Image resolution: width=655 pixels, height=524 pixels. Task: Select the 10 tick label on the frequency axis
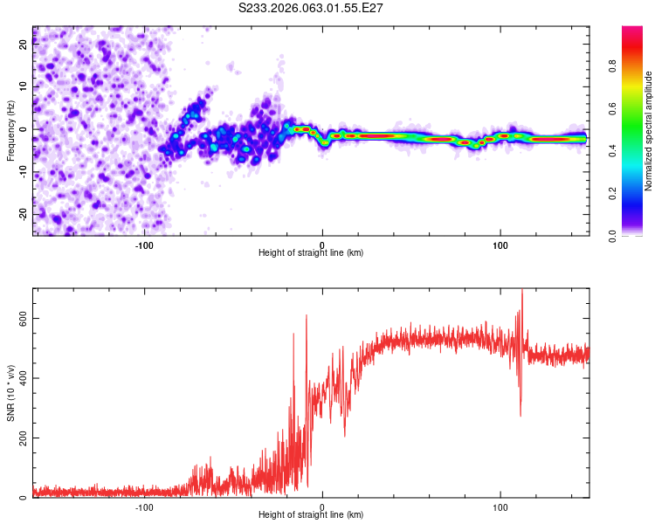pyautogui.click(x=24, y=87)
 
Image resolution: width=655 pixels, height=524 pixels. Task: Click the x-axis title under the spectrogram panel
pyautogui.click(x=311, y=253)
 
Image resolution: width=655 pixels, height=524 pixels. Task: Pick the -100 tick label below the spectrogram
pyautogui.click(x=144, y=244)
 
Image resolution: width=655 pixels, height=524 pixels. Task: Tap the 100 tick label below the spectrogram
pyautogui.click(x=500, y=244)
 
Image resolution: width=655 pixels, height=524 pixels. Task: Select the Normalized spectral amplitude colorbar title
pyautogui.click(x=649, y=131)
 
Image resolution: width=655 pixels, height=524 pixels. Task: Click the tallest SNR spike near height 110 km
pyautogui.click(x=522, y=291)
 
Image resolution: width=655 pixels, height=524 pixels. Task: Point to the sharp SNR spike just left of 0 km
pyautogui.click(x=307, y=316)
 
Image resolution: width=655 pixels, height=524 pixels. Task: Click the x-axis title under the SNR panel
pyautogui.click(x=311, y=515)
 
